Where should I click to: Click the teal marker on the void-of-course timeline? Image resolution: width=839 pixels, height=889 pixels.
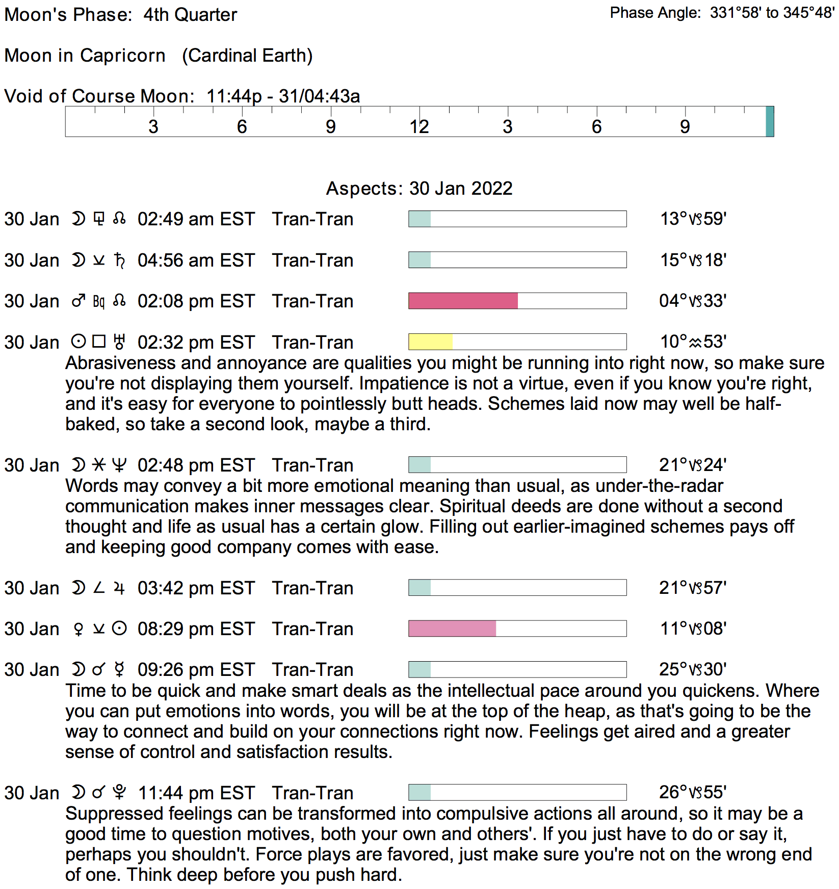coord(770,121)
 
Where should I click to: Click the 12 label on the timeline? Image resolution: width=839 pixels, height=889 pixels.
coord(419,127)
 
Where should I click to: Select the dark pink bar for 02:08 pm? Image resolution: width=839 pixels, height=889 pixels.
coord(463,301)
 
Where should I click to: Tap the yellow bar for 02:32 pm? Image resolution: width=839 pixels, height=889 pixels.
coord(430,342)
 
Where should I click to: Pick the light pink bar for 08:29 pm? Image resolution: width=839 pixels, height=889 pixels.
coord(452,629)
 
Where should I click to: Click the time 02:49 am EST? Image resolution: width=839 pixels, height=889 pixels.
coord(196,219)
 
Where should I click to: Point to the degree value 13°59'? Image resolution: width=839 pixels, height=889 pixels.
coord(693,219)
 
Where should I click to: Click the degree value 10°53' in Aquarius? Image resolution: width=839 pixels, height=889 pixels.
coord(693,342)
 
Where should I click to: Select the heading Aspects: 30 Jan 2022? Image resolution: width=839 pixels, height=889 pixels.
coord(419,189)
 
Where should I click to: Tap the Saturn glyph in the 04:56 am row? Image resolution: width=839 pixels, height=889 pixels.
coord(120,260)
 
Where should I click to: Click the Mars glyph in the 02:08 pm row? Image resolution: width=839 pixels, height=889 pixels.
coord(78,301)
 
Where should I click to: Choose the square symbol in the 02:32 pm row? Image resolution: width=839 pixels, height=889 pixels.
coord(99,341)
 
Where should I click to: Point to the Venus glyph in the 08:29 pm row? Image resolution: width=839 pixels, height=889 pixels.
coord(78,630)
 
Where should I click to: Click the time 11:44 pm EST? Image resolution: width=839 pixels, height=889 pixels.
coord(196,793)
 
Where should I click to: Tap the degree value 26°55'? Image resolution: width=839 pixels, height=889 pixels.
coord(693,792)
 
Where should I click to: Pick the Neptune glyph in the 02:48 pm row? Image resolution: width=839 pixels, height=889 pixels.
coord(119,465)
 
